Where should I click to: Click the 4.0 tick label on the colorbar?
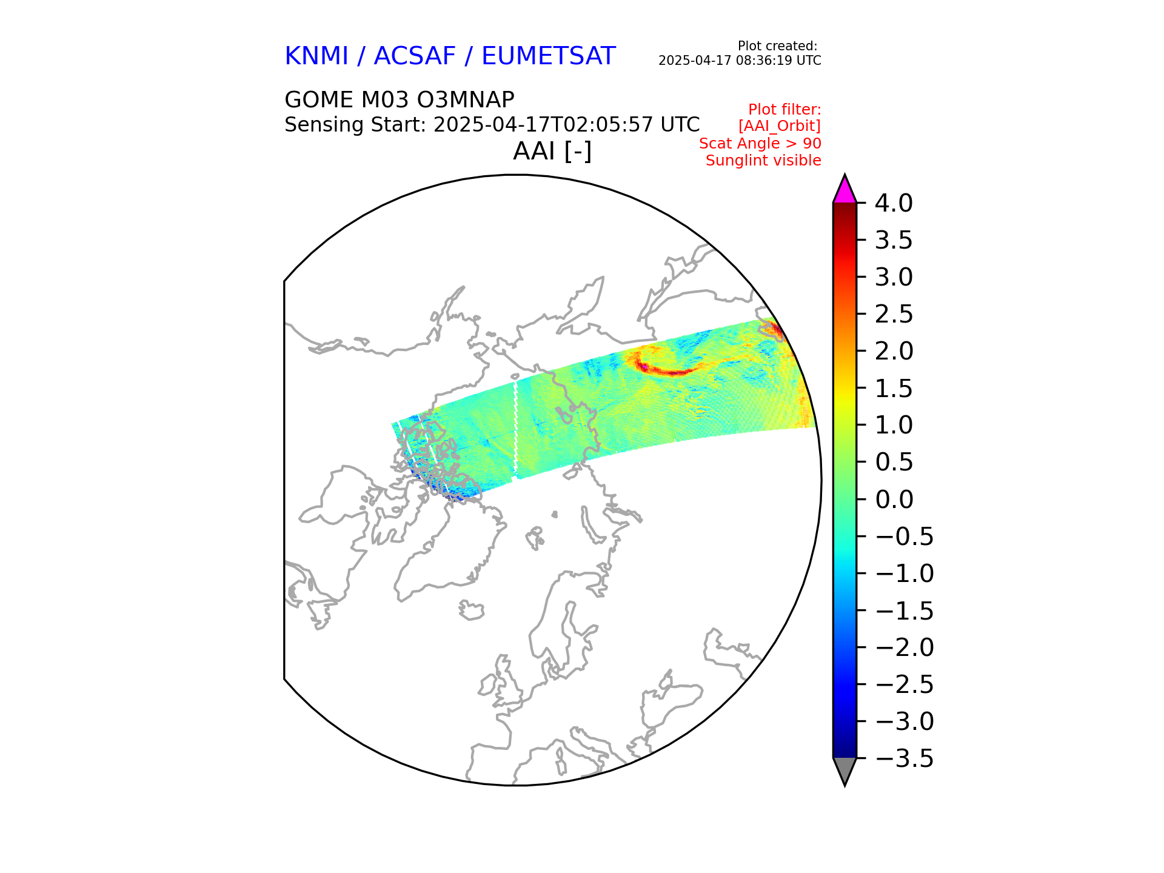pos(893,204)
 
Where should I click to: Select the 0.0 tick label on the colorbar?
pos(894,500)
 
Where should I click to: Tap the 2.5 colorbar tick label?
pos(893,315)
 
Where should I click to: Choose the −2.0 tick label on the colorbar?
pos(904,647)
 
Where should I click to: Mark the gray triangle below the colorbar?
pos(845,769)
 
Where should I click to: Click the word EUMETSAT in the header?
pos(548,56)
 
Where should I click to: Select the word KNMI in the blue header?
pos(316,56)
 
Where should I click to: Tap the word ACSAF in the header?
pos(415,56)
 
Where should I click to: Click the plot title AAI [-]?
pos(552,151)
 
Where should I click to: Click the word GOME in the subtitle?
pos(319,99)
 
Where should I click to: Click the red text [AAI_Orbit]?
pos(779,126)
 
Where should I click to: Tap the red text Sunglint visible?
pos(763,161)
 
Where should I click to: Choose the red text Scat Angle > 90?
pos(760,144)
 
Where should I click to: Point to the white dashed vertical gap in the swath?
pos(516,427)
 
